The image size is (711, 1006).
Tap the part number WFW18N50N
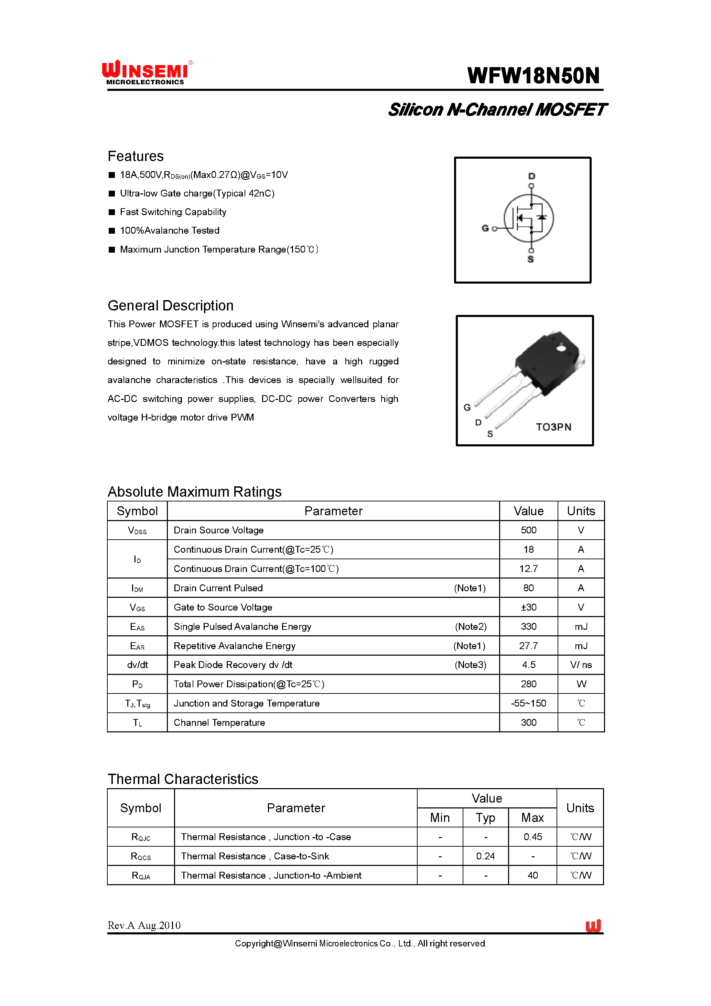point(533,76)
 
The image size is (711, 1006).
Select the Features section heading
point(136,156)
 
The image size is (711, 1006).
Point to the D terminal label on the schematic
point(531,176)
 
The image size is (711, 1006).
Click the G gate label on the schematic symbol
point(485,228)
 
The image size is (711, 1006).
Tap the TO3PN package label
point(553,427)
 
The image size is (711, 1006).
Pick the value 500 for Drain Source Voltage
point(528,530)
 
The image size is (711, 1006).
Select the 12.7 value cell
point(528,569)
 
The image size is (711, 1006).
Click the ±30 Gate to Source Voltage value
point(528,607)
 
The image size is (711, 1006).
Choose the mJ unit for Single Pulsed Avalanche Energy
point(581,627)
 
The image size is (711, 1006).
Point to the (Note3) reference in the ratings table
point(470,665)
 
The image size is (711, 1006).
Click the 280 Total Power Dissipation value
point(528,684)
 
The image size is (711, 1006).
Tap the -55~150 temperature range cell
point(528,703)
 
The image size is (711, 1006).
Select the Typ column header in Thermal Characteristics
point(486,818)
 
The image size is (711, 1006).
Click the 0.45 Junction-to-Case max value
point(532,837)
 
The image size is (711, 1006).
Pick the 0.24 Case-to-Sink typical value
point(486,856)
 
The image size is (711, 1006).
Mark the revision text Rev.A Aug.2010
point(144,925)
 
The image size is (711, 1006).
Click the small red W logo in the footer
point(593,925)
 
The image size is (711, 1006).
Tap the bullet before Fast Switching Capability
point(112,212)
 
